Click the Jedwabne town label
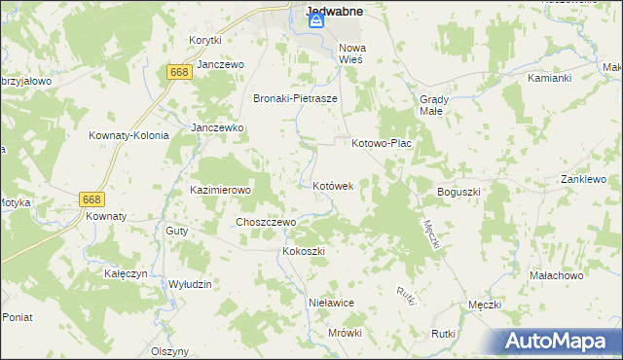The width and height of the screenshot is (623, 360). tap(334, 12)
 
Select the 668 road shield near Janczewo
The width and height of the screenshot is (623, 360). tap(178, 72)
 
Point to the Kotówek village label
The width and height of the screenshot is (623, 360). tap(339, 185)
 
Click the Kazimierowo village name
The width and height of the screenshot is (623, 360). tap(220, 190)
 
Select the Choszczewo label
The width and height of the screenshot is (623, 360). tap(266, 222)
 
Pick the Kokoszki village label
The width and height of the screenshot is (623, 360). tap(303, 251)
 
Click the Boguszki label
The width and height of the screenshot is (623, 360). tap(459, 192)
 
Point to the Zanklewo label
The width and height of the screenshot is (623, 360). tap(583, 179)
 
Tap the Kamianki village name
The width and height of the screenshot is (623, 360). tap(548, 77)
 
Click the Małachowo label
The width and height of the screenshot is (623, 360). tap(556, 275)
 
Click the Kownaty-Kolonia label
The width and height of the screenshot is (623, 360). tap(128, 135)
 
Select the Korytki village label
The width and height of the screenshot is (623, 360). tap(206, 40)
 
